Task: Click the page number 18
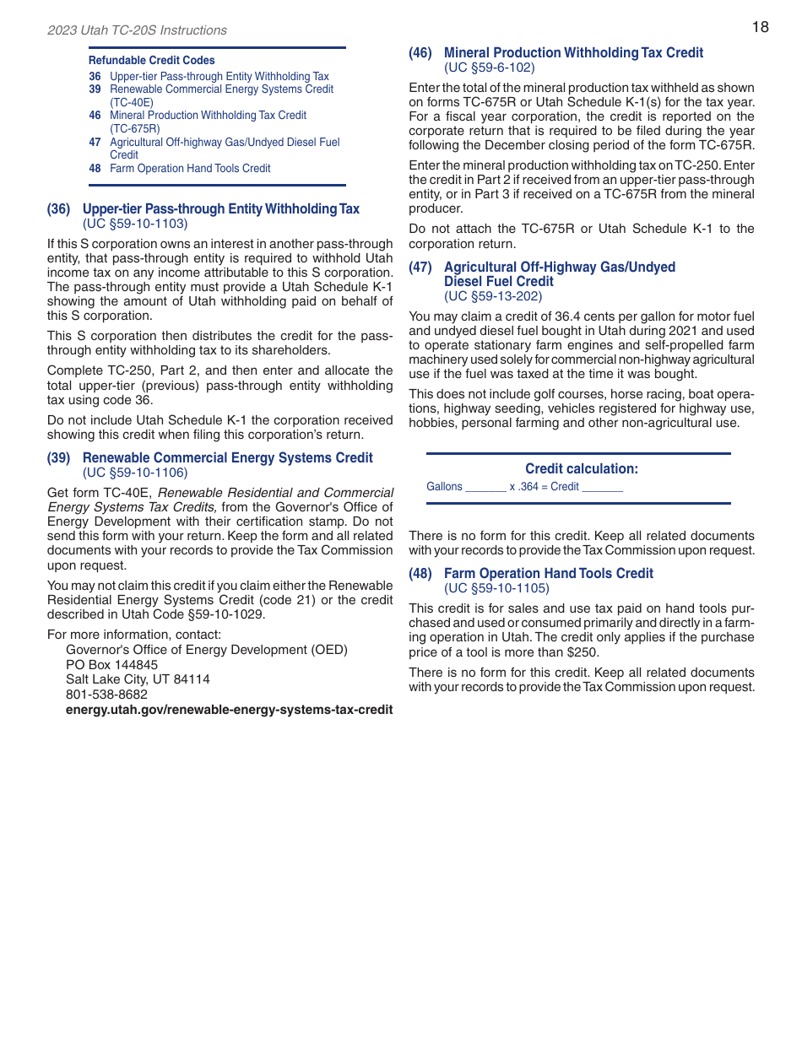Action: click(760, 27)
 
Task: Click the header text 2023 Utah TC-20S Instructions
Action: click(137, 30)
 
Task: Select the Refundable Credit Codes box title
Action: click(151, 61)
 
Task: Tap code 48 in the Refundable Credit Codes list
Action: click(95, 169)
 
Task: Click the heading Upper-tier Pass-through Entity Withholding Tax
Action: click(220, 209)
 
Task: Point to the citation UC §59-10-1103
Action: click(135, 224)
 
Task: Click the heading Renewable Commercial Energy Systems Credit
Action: click(227, 458)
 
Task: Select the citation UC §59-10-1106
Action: click(135, 473)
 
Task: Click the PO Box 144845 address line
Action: click(111, 665)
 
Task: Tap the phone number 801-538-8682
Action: click(106, 695)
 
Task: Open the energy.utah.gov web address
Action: click(229, 710)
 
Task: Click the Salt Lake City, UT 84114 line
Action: click(138, 679)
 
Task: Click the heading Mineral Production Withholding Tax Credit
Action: click(573, 53)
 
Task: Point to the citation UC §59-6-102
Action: click(490, 68)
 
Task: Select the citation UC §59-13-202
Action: click(493, 296)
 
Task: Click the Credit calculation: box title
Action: click(582, 469)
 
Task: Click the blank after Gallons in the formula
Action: click(485, 488)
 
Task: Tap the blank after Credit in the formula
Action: click(603, 488)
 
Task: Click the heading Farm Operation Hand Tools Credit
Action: click(548, 574)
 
